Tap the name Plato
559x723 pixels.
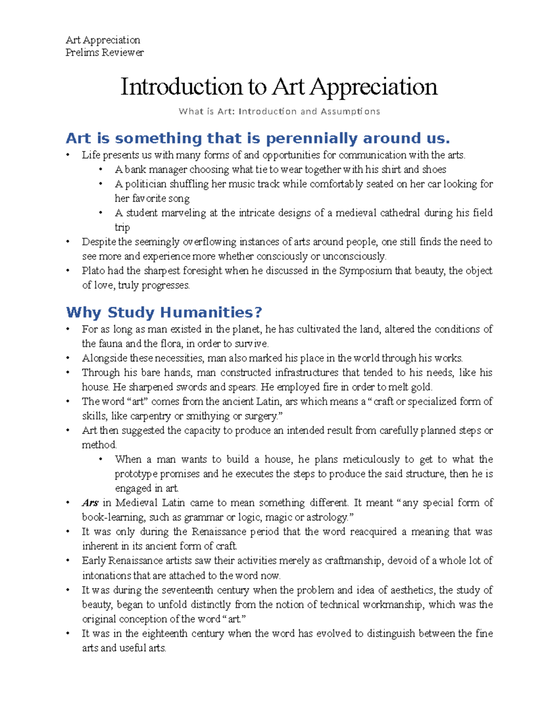[93, 271]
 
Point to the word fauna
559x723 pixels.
[110, 344]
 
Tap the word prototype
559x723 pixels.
[136, 474]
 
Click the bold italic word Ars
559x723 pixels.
[90, 503]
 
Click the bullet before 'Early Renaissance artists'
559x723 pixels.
[68, 561]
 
